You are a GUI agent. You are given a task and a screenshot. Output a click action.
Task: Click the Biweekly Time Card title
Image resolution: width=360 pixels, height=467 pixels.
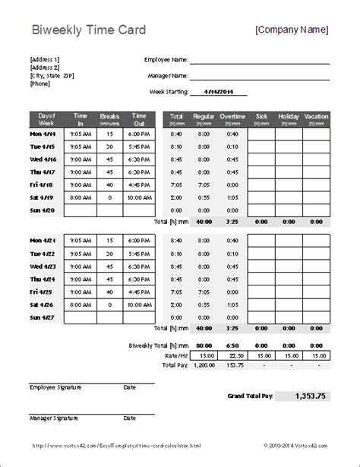coord(83,30)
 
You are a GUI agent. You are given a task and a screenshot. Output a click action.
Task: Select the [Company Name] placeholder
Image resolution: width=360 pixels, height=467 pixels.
coord(292,30)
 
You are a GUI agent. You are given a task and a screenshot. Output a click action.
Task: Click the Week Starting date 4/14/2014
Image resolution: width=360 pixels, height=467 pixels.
coord(221,91)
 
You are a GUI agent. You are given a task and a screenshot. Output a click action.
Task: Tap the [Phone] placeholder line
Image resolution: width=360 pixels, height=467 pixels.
coord(40,84)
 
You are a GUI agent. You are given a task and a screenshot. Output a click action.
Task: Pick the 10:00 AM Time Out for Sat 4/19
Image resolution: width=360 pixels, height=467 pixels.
coord(139,197)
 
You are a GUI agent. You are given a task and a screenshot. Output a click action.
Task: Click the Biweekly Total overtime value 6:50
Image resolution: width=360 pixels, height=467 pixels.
coord(233,343)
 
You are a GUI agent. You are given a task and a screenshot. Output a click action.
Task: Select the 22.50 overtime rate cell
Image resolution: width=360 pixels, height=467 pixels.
coord(233,354)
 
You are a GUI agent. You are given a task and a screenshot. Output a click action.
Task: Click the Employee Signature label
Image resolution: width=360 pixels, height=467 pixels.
coord(54,387)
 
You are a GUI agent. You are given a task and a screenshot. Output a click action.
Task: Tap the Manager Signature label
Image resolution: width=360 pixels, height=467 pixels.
coord(52,418)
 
